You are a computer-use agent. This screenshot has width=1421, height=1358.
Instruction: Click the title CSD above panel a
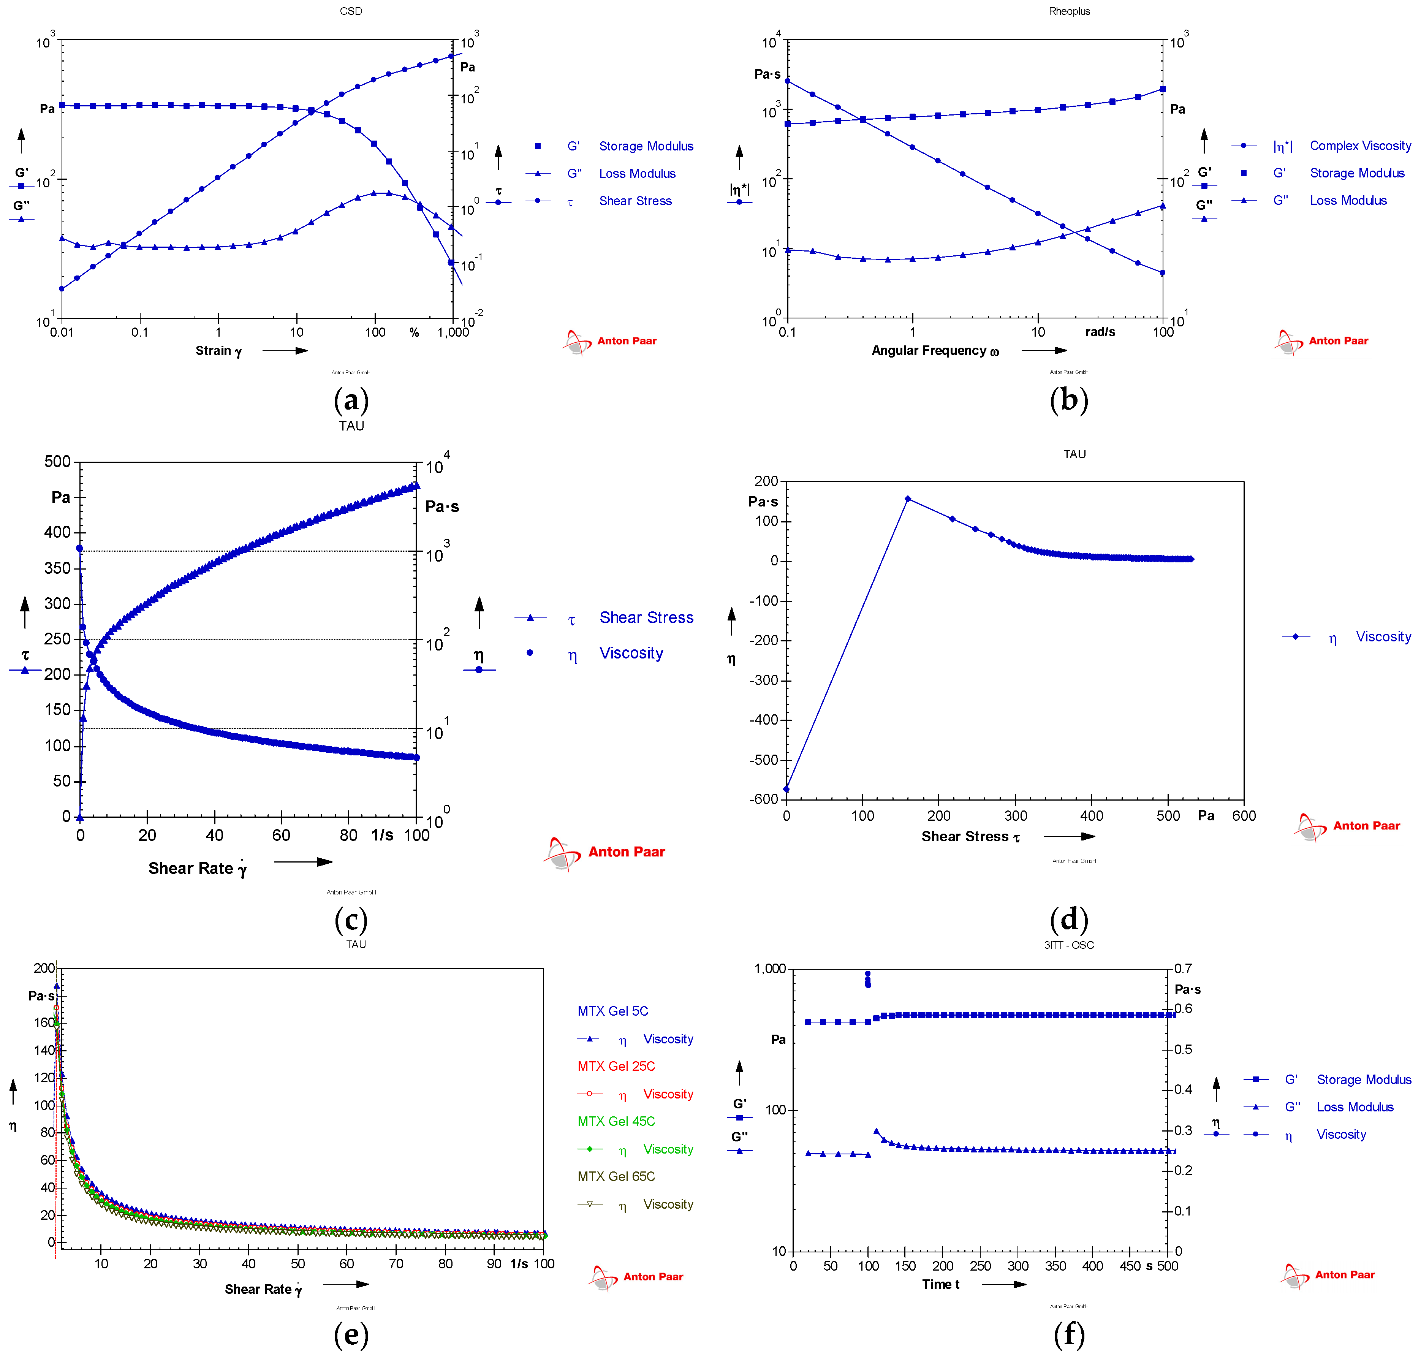click(x=351, y=11)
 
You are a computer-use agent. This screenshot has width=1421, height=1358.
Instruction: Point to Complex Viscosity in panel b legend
click(x=1359, y=146)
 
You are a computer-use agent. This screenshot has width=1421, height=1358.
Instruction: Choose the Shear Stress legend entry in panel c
click(x=646, y=617)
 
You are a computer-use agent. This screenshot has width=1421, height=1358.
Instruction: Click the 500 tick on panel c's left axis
click(x=57, y=461)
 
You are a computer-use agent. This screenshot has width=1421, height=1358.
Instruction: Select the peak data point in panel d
click(x=908, y=499)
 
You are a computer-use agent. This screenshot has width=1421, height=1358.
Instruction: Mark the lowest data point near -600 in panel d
click(x=786, y=789)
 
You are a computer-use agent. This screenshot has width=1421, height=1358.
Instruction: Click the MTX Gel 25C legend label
click(x=616, y=1066)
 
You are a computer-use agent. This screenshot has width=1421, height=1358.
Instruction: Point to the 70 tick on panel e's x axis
click(x=396, y=1264)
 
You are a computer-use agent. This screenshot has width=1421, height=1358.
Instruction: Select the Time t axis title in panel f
click(x=940, y=1284)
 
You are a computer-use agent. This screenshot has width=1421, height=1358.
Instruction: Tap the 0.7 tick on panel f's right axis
click(x=1183, y=969)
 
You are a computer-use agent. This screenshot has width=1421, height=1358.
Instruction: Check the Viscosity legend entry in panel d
click(x=1383, y=636)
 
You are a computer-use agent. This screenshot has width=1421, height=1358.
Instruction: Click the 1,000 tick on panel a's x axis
click(x=453, y=332)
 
